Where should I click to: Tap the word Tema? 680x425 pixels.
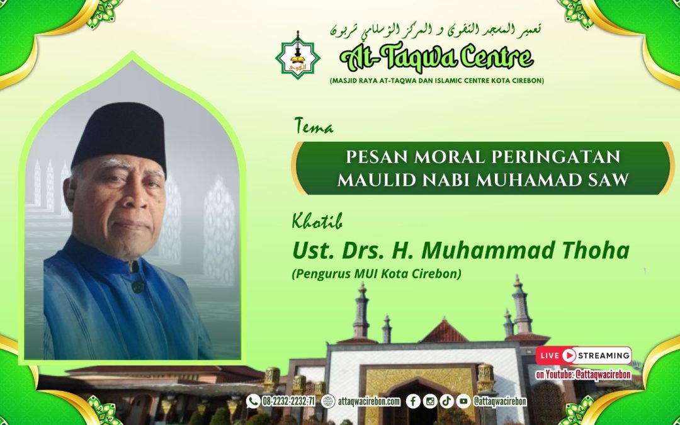[x=314, y=127]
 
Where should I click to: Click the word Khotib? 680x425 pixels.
[x=317, y=222]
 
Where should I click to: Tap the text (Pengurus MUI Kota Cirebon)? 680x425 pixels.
[x=377, y=275]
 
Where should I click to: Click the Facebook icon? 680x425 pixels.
[x=413, y=401]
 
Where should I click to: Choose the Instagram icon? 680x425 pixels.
[x=430, y=401]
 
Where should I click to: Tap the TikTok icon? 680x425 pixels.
[x=446, y=401]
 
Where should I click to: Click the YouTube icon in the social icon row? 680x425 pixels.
[x=463, y=401]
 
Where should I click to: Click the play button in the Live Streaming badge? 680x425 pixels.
[x=569, y=355]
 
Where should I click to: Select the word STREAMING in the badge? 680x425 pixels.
[x=602, y=355]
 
